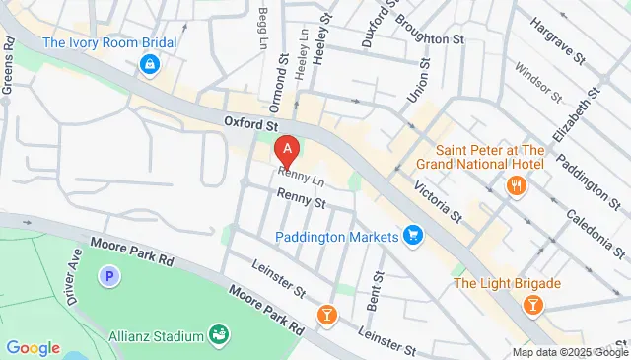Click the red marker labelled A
point(287,151)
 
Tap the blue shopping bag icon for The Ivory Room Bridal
point(149,65)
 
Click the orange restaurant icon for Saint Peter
point(514,185)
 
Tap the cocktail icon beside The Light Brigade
point(532,305)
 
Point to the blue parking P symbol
point(108,277)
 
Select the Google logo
point(34,347)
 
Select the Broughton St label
point(430,39)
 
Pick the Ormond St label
point(277,90)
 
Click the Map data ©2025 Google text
point(570,352)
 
